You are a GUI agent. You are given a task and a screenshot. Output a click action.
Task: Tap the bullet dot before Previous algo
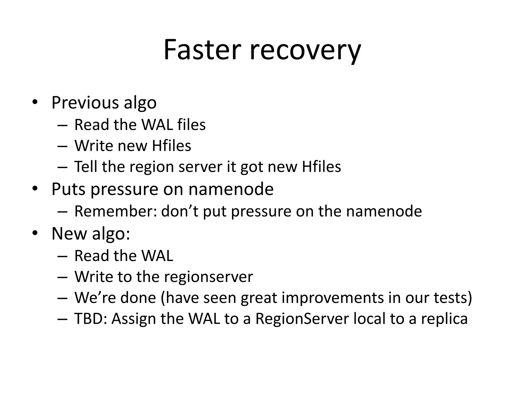tap(35, 102)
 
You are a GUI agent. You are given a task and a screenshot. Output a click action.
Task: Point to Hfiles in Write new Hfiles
tap(171, 146)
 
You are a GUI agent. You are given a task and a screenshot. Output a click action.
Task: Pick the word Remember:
tap(115, 211)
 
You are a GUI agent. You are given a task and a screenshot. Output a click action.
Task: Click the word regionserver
tap(208, 277)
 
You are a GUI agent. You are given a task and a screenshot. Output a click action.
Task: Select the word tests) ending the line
tap(453, 298)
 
